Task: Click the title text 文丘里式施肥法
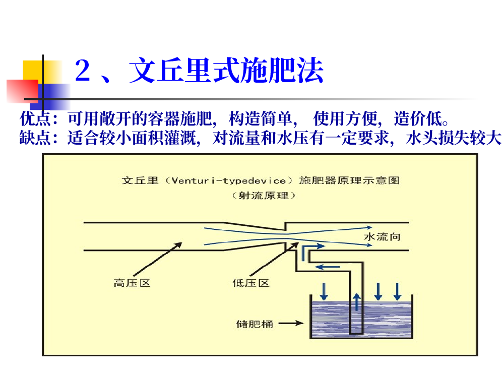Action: coord(226,70)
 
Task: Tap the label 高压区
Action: coord(132,283)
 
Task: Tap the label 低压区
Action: coord(250,283)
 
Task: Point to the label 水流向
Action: coord(382,237)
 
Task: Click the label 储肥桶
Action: coord(255,324)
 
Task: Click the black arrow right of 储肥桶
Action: coord(291,323)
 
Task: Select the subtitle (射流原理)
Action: coord(264,196)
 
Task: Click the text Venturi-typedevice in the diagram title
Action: coord(229,181)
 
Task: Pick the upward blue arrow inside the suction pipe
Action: coord(357,301)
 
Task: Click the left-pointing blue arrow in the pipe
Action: coord(327,267)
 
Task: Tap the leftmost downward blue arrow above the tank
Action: coord(324,291)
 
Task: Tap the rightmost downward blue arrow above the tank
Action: coord(398,291)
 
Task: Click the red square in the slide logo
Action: coord(23,91)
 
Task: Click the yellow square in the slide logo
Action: coord(42,72)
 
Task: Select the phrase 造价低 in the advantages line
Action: coord(418,118)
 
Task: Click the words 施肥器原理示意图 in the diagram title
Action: coord(349,180)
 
